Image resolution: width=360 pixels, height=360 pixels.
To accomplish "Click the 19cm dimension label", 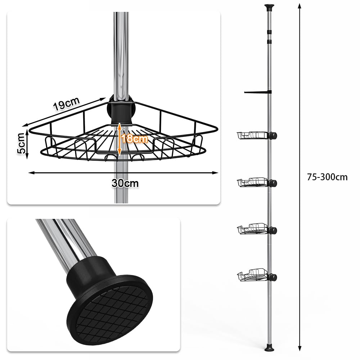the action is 66,104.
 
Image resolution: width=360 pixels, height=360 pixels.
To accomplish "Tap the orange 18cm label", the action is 135,139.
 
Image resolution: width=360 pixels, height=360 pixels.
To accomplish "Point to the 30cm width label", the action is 125,183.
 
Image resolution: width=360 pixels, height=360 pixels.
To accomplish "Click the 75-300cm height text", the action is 327,177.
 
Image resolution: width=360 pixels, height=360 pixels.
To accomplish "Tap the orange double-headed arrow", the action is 120,139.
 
